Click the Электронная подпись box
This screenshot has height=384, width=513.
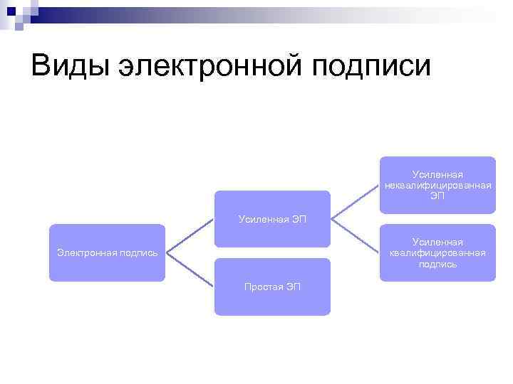[107, 252]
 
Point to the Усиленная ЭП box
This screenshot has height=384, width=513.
[272, 219]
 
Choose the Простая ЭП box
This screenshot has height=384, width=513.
[272, 287]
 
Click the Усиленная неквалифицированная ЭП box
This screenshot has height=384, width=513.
[437, 185]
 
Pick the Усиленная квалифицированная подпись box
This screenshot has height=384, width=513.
[437, 253]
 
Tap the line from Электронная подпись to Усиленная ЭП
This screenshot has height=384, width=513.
[190, 235]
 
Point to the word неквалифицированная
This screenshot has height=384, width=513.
[437, 185]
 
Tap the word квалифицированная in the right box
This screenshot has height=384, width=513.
[437, 253]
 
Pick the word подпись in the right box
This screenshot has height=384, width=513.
[437, 264]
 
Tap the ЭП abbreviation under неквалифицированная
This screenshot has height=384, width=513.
[437, 196]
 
